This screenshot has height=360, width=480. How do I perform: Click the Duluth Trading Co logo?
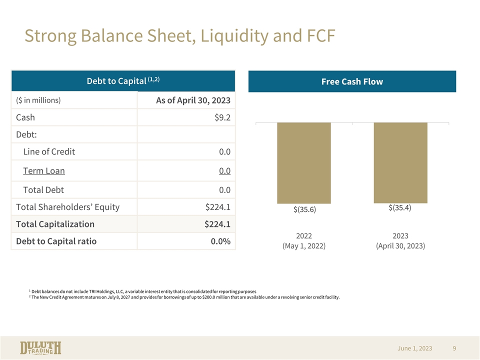[40, 348]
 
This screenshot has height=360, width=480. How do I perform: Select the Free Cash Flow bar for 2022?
[304, 163]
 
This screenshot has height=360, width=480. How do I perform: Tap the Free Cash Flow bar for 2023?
[400, 162]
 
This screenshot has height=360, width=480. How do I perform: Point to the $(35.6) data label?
[304, 209]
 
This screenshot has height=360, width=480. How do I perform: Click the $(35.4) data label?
[400, 208]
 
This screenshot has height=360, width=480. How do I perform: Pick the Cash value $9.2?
[222, 117]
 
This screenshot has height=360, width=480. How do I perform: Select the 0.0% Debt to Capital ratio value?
[220, 241]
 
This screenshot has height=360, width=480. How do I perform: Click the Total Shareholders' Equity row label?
[67, 207]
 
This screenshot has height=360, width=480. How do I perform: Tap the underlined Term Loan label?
[44, 171]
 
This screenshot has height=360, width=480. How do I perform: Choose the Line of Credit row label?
[49, 152]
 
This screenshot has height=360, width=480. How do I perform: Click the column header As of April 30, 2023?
[193, 100]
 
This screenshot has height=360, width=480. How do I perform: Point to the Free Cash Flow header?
[352, 81]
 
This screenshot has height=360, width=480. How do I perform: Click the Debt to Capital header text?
[123, 81]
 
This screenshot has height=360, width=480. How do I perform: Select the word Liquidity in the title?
[234, 36]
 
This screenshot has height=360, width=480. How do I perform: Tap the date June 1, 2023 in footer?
[415, 348]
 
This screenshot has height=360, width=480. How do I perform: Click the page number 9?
[454, 348]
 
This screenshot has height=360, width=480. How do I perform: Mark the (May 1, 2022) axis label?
[304, 246]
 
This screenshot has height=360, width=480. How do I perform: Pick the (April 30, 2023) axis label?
[400, 246]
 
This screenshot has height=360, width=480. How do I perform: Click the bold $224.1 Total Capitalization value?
[217, 224]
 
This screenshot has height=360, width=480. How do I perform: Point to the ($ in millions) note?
[38, 100]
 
